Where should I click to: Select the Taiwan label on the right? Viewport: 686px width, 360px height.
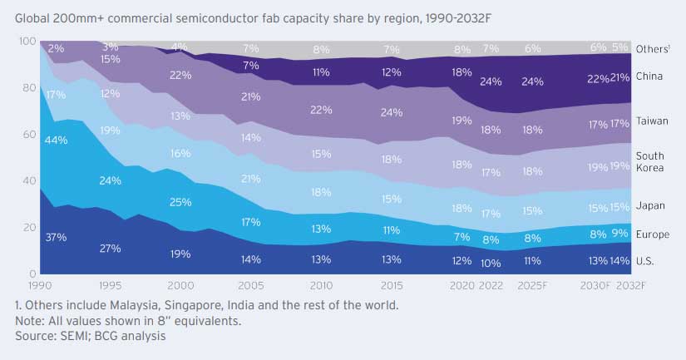click(x=651, y=121)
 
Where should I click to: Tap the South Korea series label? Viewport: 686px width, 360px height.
click(x=649, y=162)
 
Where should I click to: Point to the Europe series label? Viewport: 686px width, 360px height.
click(x=651, y=234)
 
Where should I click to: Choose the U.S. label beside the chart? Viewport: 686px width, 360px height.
click(x=645, y=260)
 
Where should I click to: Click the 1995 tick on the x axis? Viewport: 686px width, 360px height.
click(x=111, y=284)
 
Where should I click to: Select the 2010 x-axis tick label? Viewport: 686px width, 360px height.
click(x=322, y=284)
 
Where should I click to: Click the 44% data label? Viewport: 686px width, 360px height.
click(x=57, y=140)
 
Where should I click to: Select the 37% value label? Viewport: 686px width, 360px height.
click(x=57, y=237)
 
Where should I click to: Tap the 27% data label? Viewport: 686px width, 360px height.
click(x=111, y=249)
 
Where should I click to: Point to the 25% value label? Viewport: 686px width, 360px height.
click(x=180, y=202)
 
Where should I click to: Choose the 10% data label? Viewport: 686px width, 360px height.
click(x=491, y=263)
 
